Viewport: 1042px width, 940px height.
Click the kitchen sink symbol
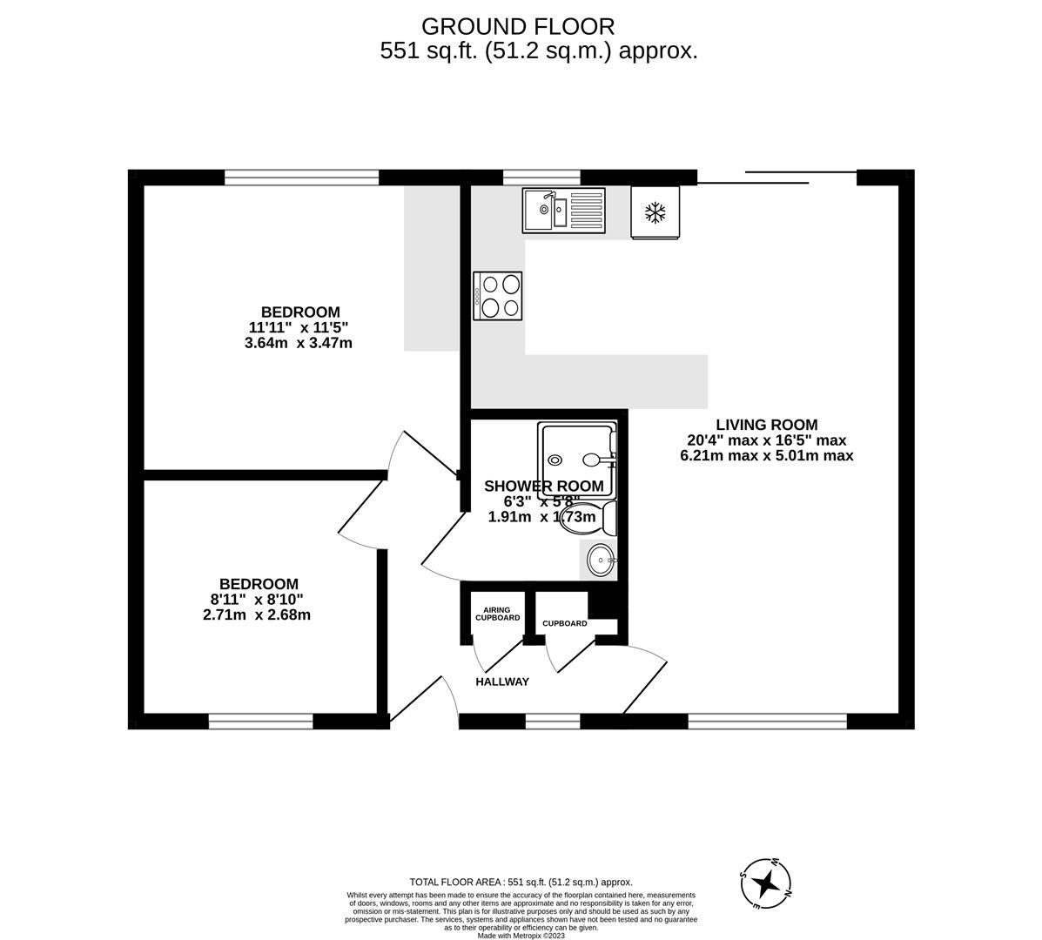[x=563, y=211]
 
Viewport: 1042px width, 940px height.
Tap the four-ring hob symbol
[x=498, y=296]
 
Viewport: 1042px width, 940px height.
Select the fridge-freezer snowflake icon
[x=655, y=212]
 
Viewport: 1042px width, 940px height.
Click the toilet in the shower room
[x=596, y=518]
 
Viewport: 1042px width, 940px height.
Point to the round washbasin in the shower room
[x=599, y=560]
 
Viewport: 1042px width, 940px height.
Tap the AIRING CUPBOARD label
[x=497, y=614]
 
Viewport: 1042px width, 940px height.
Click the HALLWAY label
[x=502, y=681]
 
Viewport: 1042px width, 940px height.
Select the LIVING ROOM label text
[x=766, y=425]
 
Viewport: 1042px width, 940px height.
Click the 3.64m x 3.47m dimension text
[x=299, y=343]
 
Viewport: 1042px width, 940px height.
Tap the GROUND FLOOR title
[x=517, y=27]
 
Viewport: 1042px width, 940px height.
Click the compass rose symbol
[x=766, y=883]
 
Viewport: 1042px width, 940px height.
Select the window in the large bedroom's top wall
[x=301, y=178]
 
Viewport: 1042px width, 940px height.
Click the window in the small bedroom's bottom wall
[x=260, y=721]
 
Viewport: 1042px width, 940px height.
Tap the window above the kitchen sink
[x=541, y=178]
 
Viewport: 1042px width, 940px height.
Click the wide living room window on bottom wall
[x=767, y=721]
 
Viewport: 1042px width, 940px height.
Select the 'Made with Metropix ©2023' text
[x=521, y=936]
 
